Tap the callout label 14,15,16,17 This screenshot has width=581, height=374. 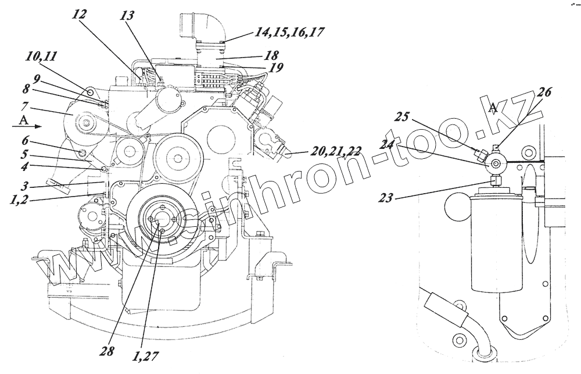(x=288, y=33)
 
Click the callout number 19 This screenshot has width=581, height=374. (x=277, y=67)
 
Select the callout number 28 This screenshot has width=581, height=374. (x=107, y=351)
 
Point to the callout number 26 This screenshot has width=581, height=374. (x=544, y=92)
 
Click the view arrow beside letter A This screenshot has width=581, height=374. (x=34, y=126)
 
